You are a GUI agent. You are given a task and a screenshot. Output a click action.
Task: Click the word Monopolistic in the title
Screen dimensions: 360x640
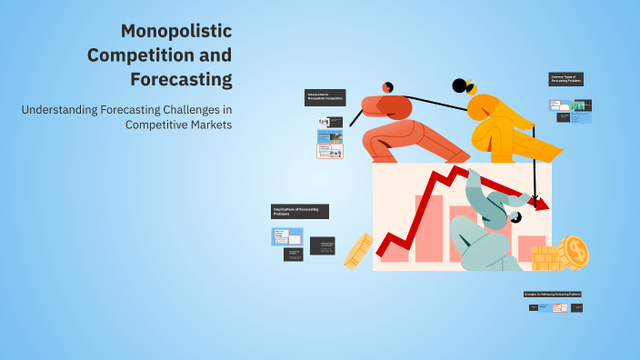[176, 32]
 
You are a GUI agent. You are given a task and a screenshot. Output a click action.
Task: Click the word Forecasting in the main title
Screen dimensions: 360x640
[182, 79]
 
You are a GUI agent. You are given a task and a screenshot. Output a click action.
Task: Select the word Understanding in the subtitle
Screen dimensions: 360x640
[59, 110]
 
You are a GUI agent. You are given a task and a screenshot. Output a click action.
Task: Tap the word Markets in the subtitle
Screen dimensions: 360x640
[209, 125]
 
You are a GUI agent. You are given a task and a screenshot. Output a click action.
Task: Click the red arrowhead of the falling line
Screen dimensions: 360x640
[542, 205]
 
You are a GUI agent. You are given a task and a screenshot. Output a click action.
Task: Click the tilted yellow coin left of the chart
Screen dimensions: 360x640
[358, 251]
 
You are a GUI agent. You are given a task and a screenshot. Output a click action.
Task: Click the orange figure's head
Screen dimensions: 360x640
[388, 86]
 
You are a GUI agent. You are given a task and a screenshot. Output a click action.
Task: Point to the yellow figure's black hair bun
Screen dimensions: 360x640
[459, 86]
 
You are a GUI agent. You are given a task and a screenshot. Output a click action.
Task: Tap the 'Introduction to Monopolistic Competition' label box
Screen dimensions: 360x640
[325, 97]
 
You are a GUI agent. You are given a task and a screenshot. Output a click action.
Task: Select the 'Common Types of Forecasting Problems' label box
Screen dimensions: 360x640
[565, 79]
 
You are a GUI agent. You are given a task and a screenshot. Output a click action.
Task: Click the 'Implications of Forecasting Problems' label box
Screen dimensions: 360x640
[299, 211]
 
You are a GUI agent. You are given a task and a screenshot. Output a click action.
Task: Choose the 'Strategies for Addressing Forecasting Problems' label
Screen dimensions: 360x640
[552, 295]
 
